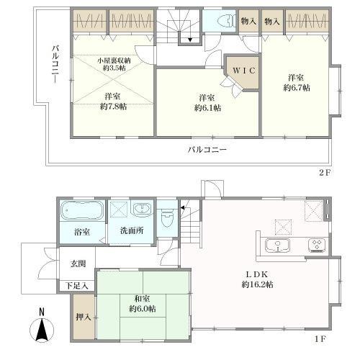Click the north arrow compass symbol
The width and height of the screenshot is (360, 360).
[42, 330]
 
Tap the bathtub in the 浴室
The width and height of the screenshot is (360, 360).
[82, 211]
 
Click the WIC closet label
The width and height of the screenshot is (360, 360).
[241, 71]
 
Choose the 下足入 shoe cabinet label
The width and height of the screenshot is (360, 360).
[77, 286]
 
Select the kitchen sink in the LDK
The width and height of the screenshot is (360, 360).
[277, 246]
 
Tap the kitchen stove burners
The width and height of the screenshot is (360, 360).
[316, 245]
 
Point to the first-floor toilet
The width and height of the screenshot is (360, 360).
[167, 215]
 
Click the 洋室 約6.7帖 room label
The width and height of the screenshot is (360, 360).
[297, 81]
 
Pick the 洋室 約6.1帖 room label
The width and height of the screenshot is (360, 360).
[207, 102]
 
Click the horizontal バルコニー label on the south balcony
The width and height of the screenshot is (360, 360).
[207, 149]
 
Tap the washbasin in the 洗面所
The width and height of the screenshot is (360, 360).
[142, 210]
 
